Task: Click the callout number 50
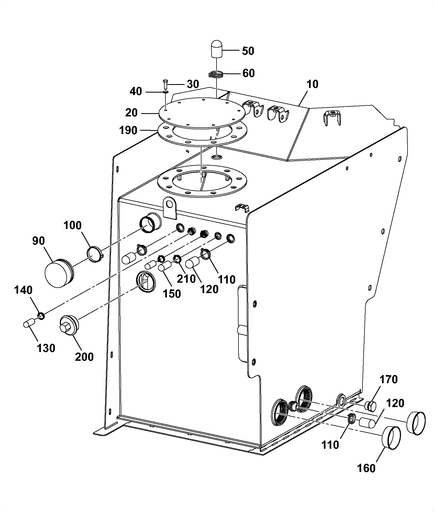248,51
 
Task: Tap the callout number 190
128,130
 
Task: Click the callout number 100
73,225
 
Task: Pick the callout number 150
172,294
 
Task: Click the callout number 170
389,380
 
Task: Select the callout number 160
366,468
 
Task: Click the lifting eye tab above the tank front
170,208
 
